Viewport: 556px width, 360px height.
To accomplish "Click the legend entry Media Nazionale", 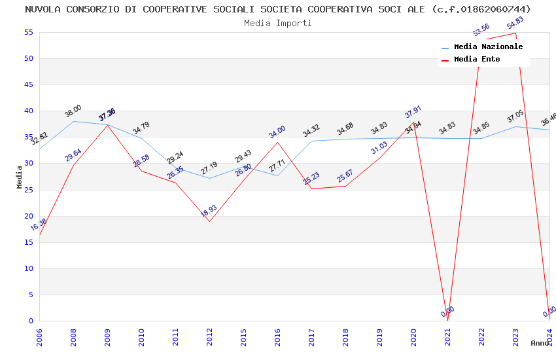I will coord(488,47).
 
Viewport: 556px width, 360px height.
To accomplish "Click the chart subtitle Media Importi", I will coord(278,23).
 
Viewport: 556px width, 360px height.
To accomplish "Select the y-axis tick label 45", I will coord(28,84).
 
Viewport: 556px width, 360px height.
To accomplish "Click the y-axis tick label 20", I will coord(28,216).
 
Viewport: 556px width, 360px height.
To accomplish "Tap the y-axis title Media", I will coord(19,177).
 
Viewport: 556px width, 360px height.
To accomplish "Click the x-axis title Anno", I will coord(540,343).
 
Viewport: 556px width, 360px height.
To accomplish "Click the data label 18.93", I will coord(209,211).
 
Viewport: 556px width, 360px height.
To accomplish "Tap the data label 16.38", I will coord(39,225).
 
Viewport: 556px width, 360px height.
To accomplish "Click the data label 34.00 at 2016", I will coord(277,132).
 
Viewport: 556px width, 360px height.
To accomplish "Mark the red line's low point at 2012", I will coord(209,221).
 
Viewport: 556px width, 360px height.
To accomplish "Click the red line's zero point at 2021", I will coord(447,321).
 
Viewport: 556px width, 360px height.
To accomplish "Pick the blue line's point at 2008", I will coord(73,121).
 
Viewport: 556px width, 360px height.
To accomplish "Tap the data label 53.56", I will coord(481,30).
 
